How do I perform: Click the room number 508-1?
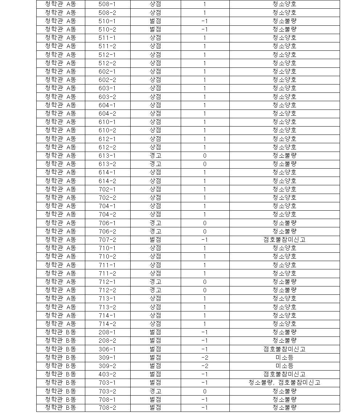tap(107, 4)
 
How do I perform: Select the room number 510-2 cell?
tap(107, 29)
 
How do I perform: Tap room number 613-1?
tap(107, 156)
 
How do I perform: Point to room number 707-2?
tap(107, 240)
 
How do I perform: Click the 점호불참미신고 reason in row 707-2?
tap(284, 240)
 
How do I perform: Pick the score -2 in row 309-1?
tap(205, 357)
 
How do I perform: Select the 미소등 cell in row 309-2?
tap(284, 365)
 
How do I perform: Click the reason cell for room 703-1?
tap(284, 383)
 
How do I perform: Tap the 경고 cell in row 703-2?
tap(155, 391)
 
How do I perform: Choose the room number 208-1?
tap(107, 332)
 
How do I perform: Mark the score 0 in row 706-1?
tap(205, 223)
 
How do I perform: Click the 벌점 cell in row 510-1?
tap(155, 21)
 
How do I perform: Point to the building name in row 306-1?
tap(61, 349)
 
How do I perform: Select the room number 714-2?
tap(107, 324)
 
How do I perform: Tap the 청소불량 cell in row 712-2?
tap(284, 290)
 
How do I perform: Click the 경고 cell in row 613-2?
tap(155, 164)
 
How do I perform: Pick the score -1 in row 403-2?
tap(205, 374)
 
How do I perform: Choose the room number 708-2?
tap(107, 408)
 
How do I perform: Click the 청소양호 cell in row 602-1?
tap(284, 71)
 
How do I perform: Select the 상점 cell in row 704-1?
tap(155, 206)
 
